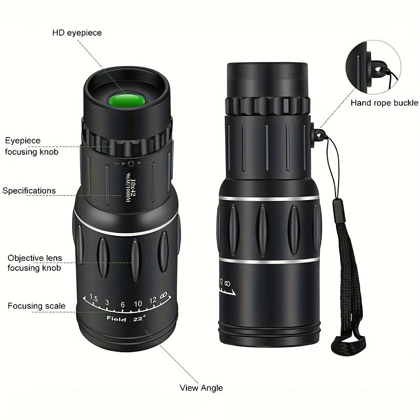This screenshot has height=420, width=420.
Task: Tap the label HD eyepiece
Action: click(x=77, y=33)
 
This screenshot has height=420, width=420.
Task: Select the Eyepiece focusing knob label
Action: click(x=31, y=146)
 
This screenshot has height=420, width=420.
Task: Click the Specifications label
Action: click(x=29, y=191)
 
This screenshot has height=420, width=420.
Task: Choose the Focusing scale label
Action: click(x=37, y=306)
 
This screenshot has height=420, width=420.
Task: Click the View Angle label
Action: click(x=201, y=388)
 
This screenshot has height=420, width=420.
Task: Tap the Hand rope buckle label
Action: click(x=384, y=102)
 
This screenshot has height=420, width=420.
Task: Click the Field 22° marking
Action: click(x=126, y=318)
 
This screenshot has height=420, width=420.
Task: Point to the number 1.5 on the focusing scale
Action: click(x=94, y=299)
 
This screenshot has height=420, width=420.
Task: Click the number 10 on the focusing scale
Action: click(x=138, y=303)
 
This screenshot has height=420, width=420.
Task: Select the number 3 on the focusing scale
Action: click(x=107, y=302)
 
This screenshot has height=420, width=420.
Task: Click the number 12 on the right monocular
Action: click(x=221, y=283)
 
